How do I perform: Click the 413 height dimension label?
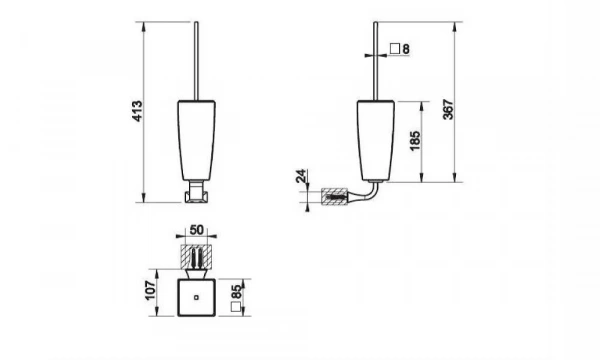coord(137,111)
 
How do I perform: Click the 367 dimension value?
coord(448,110)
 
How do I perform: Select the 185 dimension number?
coord(415,141)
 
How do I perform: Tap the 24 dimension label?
coord(302,176)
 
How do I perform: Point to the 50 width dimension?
coord(196,230)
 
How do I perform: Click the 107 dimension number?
coord(151,291)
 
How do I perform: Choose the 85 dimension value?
coord(237,292)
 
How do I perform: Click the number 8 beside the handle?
coord(406,49)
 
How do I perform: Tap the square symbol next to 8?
coord(395,49)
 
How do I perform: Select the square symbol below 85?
coord(236,307)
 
